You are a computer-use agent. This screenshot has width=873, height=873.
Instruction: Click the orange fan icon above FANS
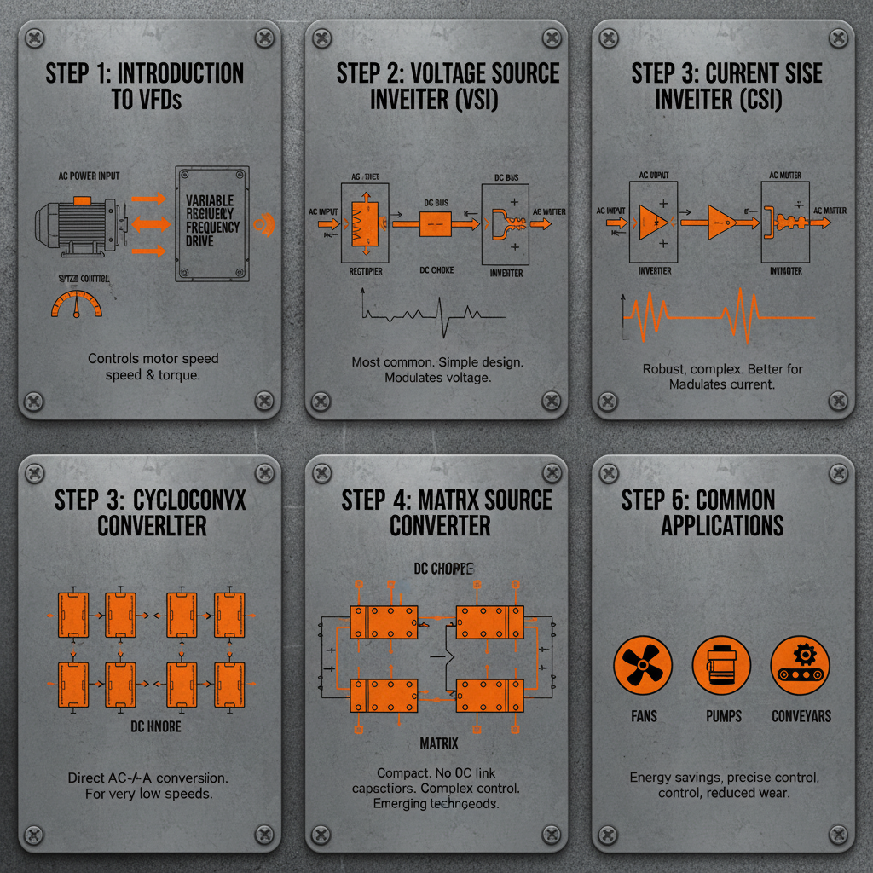point(643,666)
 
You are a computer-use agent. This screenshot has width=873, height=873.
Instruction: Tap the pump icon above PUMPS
point(721,666)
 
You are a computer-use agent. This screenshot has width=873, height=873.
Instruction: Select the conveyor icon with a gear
point(800,666)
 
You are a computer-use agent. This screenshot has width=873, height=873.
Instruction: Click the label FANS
point(644,716)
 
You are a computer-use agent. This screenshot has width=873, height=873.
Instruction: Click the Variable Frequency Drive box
point(211,224)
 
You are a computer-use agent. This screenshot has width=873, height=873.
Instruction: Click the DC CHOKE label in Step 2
point(436,271)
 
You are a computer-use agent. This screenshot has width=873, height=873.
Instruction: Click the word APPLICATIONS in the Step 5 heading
point(722,524)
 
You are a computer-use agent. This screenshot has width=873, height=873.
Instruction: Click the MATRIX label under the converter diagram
point(439,744)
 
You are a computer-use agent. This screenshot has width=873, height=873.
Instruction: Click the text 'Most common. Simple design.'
point(437,362)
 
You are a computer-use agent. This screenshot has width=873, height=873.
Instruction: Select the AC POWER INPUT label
point(89,176)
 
